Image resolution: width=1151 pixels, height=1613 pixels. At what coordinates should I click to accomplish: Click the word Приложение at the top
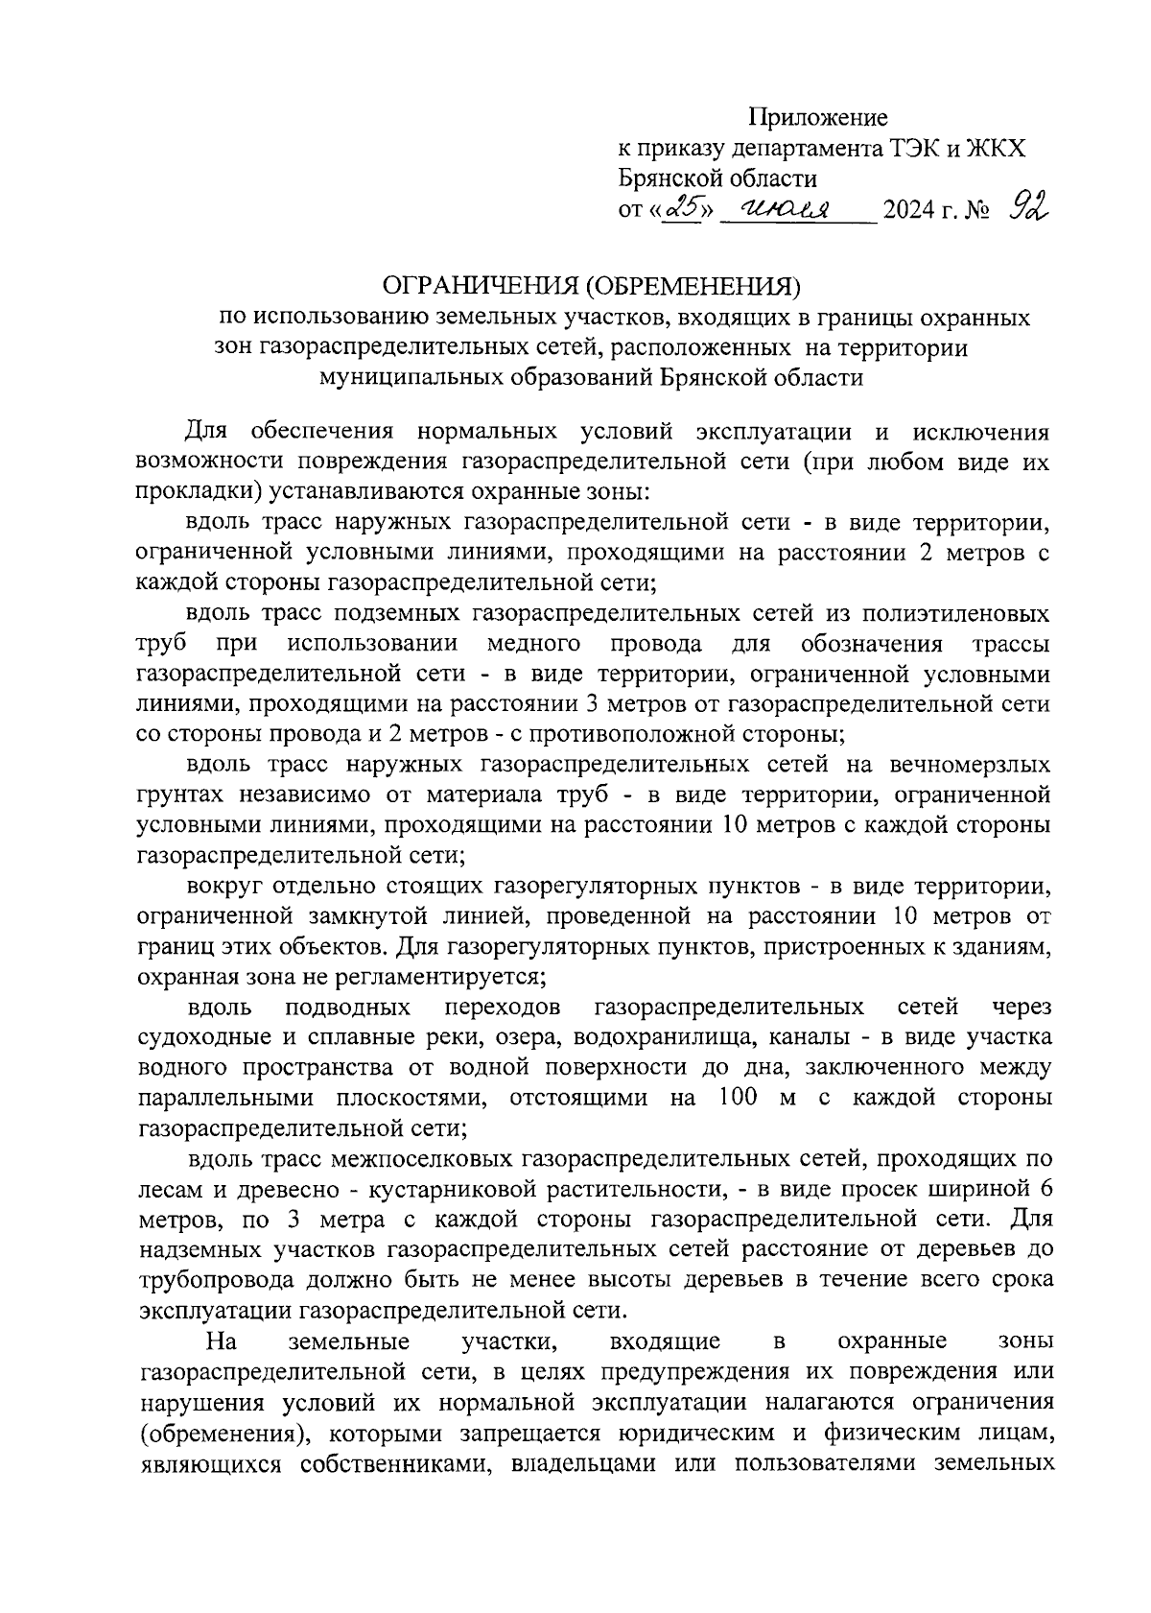click(818, 118)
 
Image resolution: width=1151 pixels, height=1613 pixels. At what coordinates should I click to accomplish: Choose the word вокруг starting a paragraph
click(227, 885)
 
